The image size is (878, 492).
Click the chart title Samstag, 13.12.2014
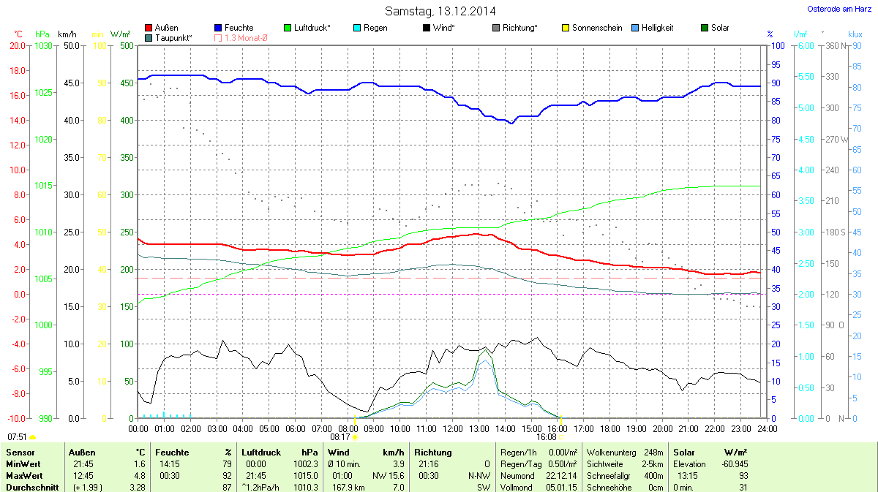tap(440, 11)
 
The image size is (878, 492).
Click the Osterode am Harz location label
tap(834, 9)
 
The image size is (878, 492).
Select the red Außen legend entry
tap(166, 28)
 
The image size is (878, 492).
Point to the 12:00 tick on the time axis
tap(453, 428)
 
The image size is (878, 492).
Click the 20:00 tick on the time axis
tap(663, 428)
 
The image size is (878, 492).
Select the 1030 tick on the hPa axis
tap(44, 45)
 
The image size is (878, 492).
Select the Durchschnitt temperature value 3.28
tap(137, 488)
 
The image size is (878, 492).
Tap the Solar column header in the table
tap(684, 453)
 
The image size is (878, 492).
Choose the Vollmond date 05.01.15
tap(560, 488)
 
